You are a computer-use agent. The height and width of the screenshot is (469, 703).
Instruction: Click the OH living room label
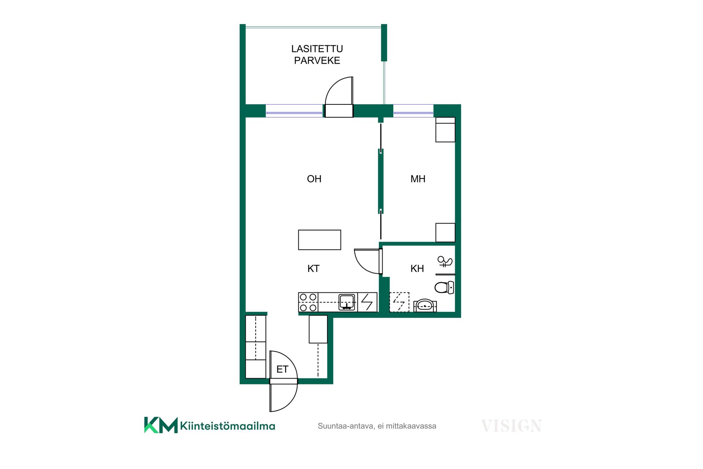[314, 179]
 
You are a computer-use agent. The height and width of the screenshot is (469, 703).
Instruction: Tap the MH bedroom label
[418, 179]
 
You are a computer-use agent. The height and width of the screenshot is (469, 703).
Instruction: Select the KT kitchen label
[313, 269]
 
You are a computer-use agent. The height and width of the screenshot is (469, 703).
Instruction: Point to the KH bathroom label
[417, 269]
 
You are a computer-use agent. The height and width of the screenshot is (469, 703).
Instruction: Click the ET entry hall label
[282, 369]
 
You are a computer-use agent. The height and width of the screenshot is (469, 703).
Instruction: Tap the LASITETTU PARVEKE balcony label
[317, 55]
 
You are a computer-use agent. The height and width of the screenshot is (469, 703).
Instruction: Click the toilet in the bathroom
[445, 287]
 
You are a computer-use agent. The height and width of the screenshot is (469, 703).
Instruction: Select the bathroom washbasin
[425, 306]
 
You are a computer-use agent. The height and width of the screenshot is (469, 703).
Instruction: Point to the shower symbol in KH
[445, 261]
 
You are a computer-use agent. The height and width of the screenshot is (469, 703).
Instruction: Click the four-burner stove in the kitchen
[308, 302]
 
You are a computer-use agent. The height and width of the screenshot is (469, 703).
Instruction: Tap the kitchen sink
[347, 302]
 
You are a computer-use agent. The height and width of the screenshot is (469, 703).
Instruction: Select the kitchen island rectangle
[320, 240]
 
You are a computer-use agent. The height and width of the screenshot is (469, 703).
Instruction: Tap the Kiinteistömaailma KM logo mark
[161, 425]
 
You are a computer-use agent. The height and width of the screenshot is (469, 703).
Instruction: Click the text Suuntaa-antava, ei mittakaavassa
[377, 426]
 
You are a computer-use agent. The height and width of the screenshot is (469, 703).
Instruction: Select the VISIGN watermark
[511, 426]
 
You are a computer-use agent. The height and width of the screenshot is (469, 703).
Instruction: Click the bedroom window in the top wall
[413, 111]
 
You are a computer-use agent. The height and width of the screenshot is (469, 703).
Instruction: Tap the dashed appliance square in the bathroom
[399, 302]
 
